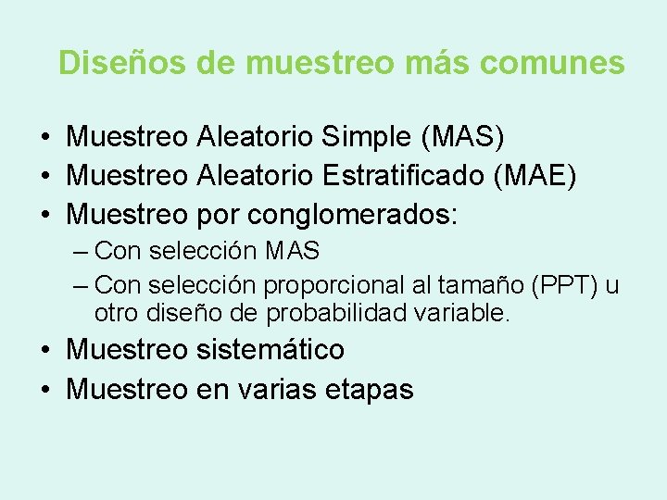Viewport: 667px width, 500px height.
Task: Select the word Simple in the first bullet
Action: pyautogui.click(x=367, y=138)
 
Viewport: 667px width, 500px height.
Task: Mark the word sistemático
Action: pyautogui.click(x=271, y=349)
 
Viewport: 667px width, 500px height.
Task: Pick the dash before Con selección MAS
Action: pyautogui.click(x=81, y=251)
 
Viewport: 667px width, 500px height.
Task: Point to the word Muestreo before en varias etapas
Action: pyautogui.click(x=127, y=389)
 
